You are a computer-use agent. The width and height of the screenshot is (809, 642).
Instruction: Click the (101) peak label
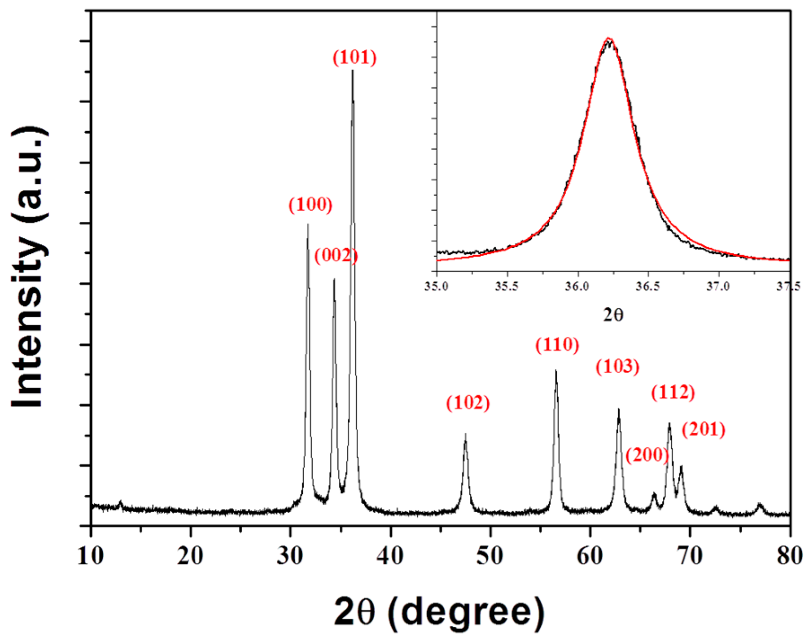pos(354,57)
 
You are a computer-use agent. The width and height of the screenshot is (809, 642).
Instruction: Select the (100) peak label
pos(310,205)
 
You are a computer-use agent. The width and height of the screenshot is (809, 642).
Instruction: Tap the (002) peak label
pos(336,255)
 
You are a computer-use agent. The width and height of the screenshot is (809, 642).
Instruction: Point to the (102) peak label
pos(468,402)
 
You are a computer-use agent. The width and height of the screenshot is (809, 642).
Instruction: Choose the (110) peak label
pos(557,345)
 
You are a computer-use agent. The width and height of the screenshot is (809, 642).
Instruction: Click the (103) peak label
pos(617,366)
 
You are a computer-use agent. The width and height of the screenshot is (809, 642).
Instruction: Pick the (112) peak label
pos(673,392)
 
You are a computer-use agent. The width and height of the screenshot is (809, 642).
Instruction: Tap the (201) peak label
pos(704,430)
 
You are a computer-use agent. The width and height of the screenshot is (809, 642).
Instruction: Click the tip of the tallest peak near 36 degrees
pos(353,71)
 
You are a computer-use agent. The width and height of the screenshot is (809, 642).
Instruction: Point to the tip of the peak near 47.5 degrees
pos(465,434)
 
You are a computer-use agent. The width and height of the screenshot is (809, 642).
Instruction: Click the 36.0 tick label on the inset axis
pos(577,286)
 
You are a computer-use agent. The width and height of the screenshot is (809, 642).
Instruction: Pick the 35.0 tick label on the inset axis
pos(436,286)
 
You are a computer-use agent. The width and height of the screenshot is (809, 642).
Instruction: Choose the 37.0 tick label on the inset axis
pos(718,286)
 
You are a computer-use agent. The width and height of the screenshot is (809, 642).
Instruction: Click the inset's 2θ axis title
pos(613,315)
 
